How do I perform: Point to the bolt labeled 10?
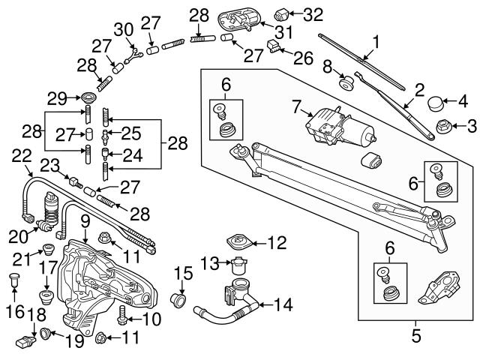[124, 319]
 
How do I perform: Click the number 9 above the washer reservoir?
[85, 222]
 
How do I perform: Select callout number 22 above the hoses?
[22, 156]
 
